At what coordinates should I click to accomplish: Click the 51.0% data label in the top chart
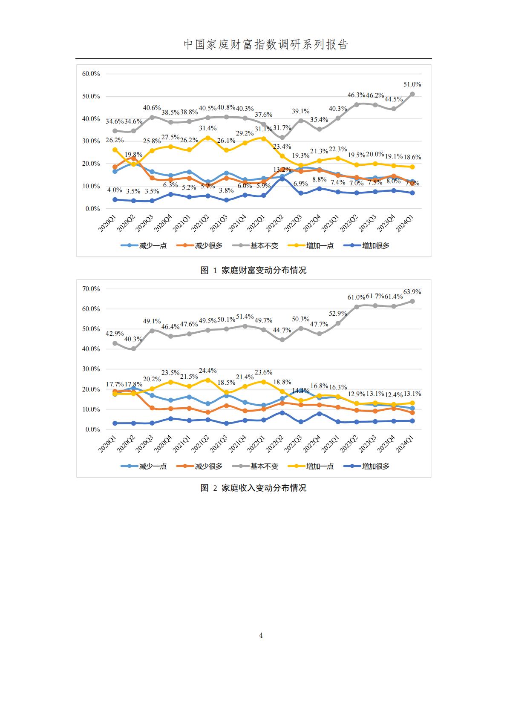pyautogui.click(x=412, y=84)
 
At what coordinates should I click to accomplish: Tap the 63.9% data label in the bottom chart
pyautogui.click(x=412, y=292)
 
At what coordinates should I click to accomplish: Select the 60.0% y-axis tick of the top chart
pyautogui.click(x=91, y=74)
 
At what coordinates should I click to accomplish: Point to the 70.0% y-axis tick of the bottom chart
pyautogui.click(x=91, y=289)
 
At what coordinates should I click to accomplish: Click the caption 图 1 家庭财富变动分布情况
pyautogui.click(x=253, y=270)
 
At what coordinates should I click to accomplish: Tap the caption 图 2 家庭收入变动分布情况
pyautogui.click(x=253, y=488)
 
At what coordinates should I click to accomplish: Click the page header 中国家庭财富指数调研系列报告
pyautogui.click(x=266, y=45)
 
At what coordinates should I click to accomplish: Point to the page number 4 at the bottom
pyautogui.click(x=261, y=635)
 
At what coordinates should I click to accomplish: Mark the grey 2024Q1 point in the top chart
pyautogui.click(x=412, y=94)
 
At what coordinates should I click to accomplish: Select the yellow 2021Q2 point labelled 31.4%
pyautogui.click(x=208, y=138)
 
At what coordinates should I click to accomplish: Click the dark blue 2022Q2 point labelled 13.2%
pyautogui.click(x=282, y=179)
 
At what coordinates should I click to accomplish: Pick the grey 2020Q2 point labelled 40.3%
pyautogui.click(x=133, y=348)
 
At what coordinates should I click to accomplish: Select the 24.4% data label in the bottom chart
pyautogui.click(x=208, y=371)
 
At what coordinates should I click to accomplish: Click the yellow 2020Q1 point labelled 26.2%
pyautogui.click(x=115, y=150)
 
